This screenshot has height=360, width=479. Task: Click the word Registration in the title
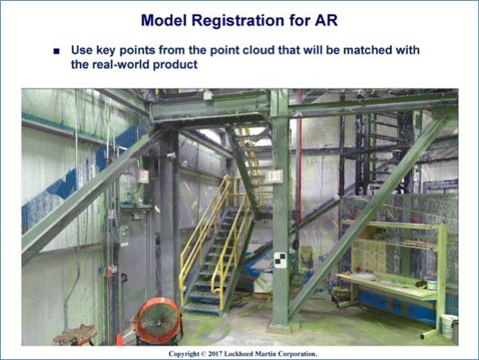coord(238,21)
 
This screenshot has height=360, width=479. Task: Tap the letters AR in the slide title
coord(326,20)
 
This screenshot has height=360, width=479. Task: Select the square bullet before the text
coord(56,51)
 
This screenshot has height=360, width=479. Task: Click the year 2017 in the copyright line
coord(215,354)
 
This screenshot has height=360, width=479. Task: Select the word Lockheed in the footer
coord(239,354)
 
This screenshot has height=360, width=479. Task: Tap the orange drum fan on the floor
coord(157,321)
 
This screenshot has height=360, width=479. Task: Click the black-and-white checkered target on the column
coord(280,260)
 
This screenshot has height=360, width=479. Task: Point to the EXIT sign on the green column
coord(275,176)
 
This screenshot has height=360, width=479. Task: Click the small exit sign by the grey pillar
coord(144,176)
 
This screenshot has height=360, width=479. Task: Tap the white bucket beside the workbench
coord(449,326)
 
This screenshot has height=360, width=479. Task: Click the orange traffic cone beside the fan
coord(120,339)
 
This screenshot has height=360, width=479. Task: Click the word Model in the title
coord(164,21)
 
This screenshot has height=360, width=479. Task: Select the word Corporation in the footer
coord(297,354)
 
